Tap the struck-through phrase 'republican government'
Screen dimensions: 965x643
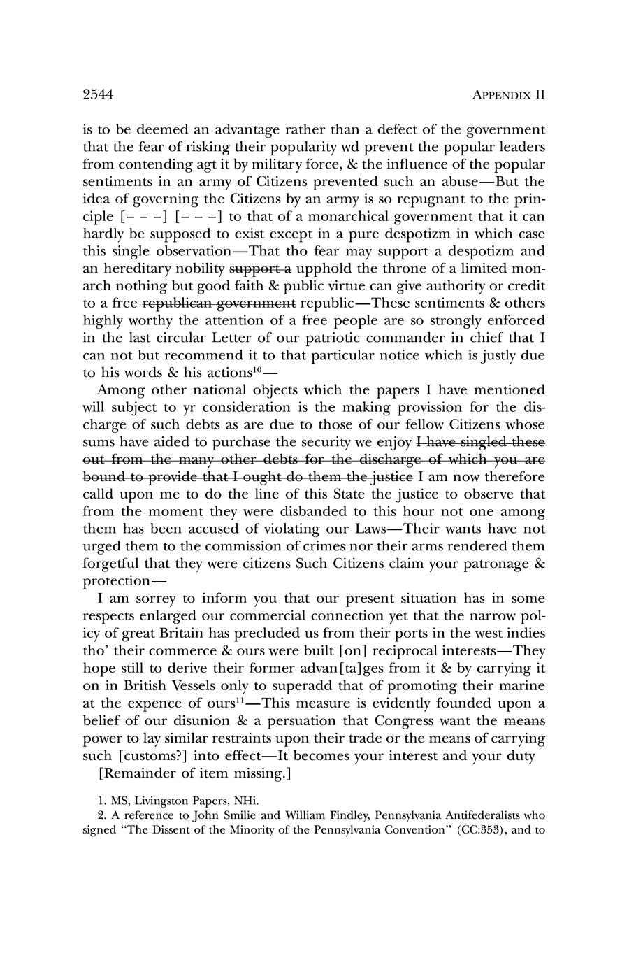click(219, 303)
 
